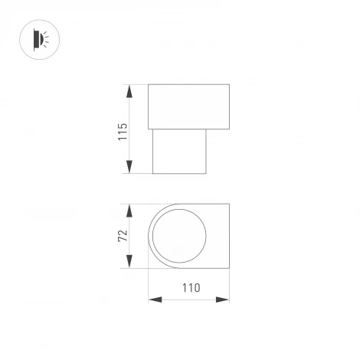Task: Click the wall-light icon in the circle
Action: (39, 38)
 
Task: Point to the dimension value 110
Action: (189, 289)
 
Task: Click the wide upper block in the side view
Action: (188, 106)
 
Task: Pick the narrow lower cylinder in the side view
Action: (181, 151)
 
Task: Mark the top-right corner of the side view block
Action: (229, 85)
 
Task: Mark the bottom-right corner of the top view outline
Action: (229, 268)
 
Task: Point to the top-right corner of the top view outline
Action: (229, 205)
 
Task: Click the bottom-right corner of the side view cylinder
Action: (208, 174)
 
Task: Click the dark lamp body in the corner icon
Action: (35, 38)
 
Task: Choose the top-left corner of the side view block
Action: (148, 85)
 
